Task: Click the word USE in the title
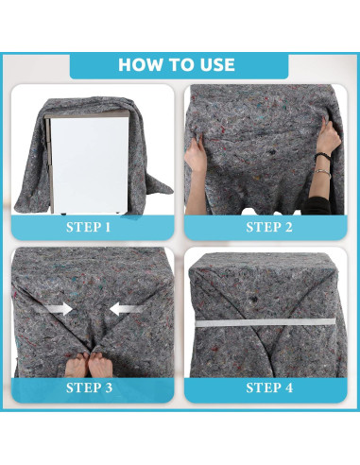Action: pos(216,65)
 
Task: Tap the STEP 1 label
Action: pos(89,227)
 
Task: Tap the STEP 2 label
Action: pos(269,227)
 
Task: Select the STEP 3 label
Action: pos(89,387)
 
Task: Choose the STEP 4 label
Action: pos(269,387)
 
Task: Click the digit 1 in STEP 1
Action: pos(108,227)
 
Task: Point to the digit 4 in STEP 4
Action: pos(289,387)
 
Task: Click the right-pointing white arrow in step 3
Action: pos(59,309)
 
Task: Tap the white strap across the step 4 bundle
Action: pos(266,322)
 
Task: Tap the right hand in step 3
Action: pos(100,365)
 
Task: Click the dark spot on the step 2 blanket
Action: pos(271,152)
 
